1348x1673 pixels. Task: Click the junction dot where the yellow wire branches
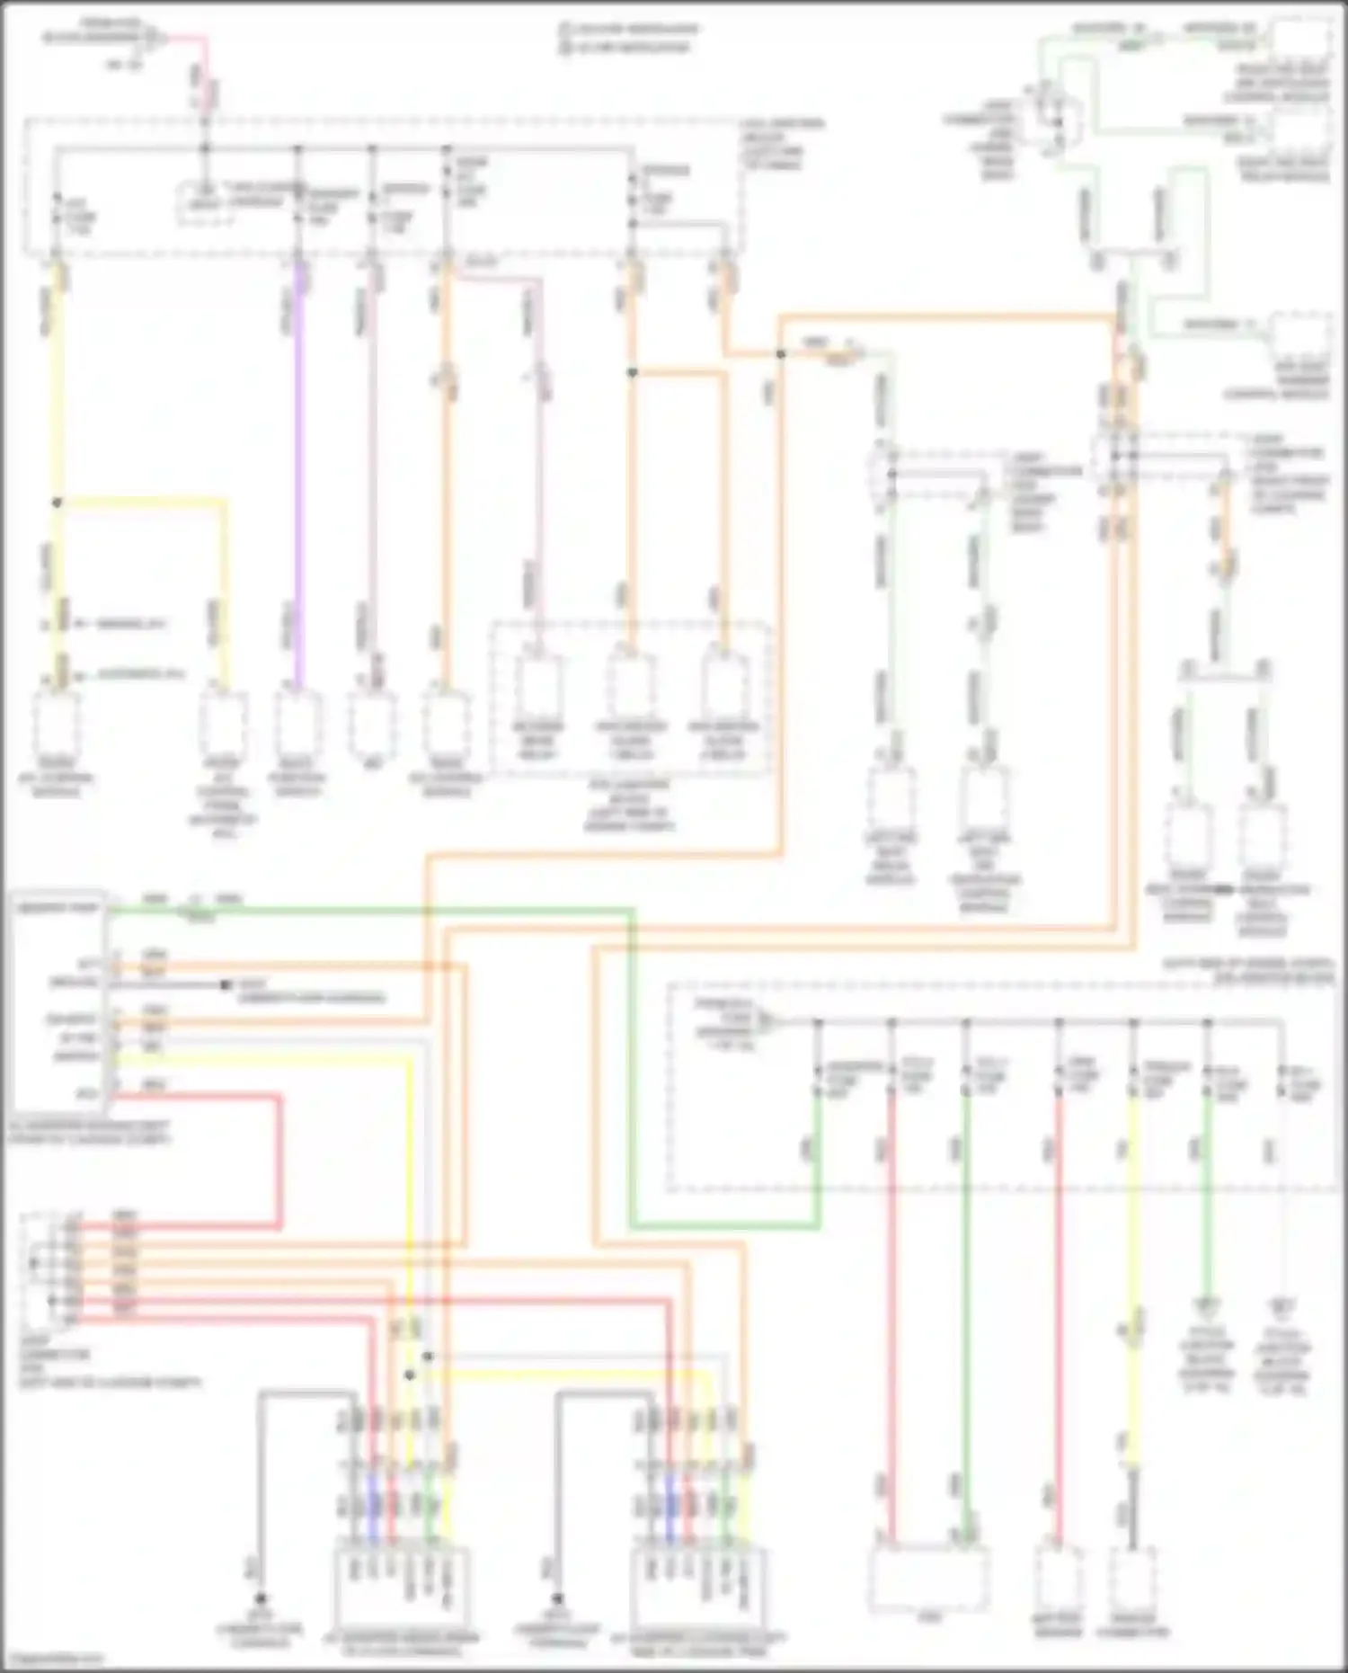pyautogui.click(x=57, y=503)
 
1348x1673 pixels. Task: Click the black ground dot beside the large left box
pyautogui.click(x=226, y=985)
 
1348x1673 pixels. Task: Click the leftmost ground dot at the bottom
pyautogui.click(x=261, y=1599)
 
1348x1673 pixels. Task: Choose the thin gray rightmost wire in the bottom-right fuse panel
pyautogui.click(x=1282, y=1196)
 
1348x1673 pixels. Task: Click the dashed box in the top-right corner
pyautogui.click(x=1300, y=47)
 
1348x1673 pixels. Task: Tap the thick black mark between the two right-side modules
pyautogui.click(x=1224, y=889)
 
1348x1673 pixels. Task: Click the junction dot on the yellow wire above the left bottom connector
pyautogui.click(x=409, y=1375)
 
